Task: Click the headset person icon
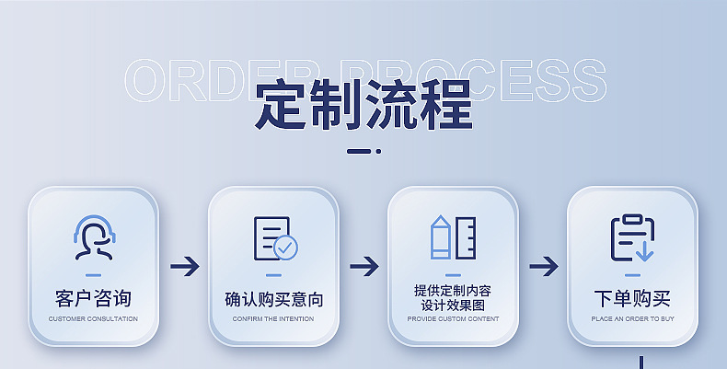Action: [92, 238]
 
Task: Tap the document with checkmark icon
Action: [274, 238]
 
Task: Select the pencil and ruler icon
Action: [453, 237]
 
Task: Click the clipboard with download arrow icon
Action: [632, 238]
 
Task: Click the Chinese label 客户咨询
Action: [93, 299]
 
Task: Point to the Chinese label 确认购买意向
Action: [273, 300]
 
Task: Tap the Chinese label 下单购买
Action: [632, 299]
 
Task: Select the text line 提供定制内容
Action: [453, 291]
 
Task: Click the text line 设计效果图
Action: [453, 305]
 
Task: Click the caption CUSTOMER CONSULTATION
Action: [93, 319]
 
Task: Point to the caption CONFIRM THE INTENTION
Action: [273, 319]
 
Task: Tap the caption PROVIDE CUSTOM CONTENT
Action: [453, 319]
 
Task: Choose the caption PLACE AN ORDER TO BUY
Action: [632, 319]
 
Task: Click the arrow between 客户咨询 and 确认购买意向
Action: [184, 267]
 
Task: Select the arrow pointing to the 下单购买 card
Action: [543, 267]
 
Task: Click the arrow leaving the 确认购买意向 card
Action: [363, 267]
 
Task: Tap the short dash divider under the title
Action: [362, 151]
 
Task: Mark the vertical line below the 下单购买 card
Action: [640, 361]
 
